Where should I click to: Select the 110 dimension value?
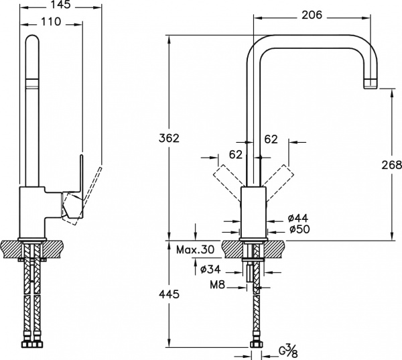click(50, 22)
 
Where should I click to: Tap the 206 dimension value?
click(312, 15)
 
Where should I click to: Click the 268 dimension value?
click(391, 165)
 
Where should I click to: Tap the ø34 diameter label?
click(212, 269)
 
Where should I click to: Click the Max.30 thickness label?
click(196, 250)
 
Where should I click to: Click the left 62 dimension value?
click(236, 155)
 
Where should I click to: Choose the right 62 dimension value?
click(271, 139)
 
